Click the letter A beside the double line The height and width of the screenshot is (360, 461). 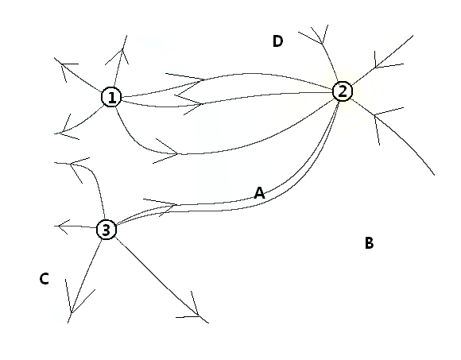[259, 193]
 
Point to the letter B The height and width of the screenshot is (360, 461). [369, 243]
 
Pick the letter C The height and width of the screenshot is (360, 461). [44, 279]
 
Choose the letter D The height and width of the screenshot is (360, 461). [278, 41]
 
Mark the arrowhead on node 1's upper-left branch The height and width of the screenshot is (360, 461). [64, 66]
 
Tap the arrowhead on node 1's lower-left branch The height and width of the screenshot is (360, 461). [64, 131]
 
